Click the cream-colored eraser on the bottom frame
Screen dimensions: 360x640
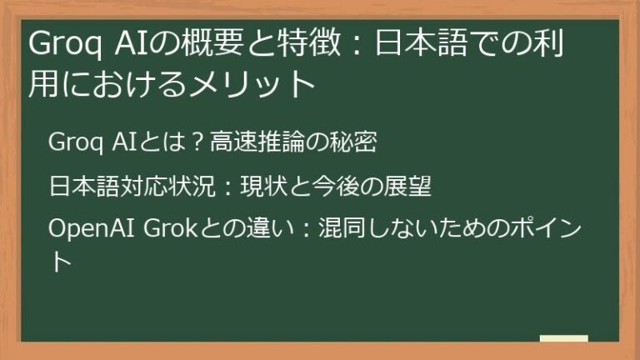pyautogui.click(x=563, y=339)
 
